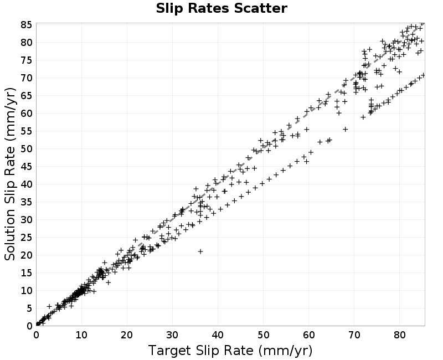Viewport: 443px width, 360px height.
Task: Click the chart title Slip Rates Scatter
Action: [221, 8]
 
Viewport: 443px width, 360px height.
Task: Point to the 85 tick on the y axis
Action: [27, 25]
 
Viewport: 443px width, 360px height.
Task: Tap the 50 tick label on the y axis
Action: [27, 149]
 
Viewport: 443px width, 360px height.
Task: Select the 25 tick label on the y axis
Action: [27, 238]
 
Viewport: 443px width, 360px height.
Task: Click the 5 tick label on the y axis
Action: [30, 308]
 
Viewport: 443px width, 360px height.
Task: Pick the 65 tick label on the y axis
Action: [27, 96]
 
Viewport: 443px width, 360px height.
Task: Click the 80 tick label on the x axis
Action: [399, 335]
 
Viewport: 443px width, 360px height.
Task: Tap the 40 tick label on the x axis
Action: [218, 335]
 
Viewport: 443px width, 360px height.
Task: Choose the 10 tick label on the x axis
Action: [81, 335]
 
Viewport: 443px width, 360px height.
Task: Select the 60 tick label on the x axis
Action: [309, 335]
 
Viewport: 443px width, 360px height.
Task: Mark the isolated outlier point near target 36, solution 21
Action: [200, 251]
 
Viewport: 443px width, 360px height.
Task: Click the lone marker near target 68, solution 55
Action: [345, 130]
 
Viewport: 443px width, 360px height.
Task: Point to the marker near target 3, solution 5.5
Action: [49, 306]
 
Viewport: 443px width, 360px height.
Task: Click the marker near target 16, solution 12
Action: [108, 282]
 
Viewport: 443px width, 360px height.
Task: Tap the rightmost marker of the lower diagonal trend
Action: [423, 75]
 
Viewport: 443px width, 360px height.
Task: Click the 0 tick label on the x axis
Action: [36, 335]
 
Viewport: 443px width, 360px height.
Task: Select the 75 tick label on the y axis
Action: [27, 60]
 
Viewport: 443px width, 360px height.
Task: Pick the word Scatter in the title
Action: [260, 8]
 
